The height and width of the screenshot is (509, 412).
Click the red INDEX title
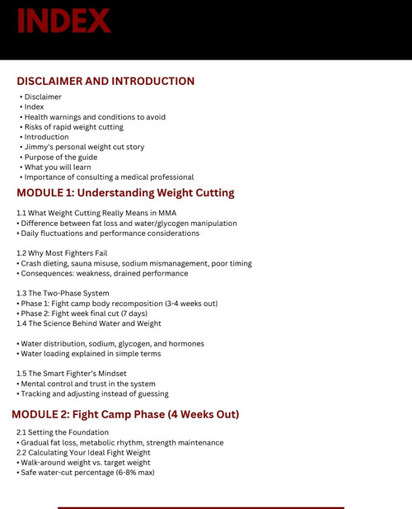[x=63, y=21]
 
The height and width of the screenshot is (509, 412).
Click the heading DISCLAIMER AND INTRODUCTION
[x=105, y=82]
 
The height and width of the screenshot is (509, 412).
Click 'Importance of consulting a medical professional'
[x=109, y=177]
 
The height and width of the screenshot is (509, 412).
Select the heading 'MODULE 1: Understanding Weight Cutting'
[x=125, y=193]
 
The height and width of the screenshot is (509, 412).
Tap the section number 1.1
[x=21, y=213]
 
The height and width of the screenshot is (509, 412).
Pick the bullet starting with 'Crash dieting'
[x=123, y=263]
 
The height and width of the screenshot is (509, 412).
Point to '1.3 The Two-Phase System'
[x=63, y=294]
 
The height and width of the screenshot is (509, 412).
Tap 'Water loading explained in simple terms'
[x=91, y=354]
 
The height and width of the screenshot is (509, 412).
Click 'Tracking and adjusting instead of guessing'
[x=95, y=394]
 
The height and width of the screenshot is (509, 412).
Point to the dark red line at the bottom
[x=200, y=507]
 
